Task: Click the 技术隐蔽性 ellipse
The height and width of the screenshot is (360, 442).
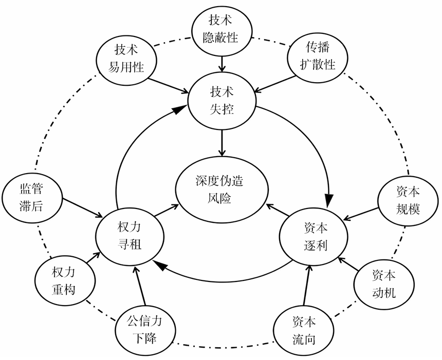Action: pos(222,29)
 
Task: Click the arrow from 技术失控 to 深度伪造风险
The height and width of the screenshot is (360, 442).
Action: pos(222,142)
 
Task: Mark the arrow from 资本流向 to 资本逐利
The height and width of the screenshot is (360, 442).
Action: pos(306,286)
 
